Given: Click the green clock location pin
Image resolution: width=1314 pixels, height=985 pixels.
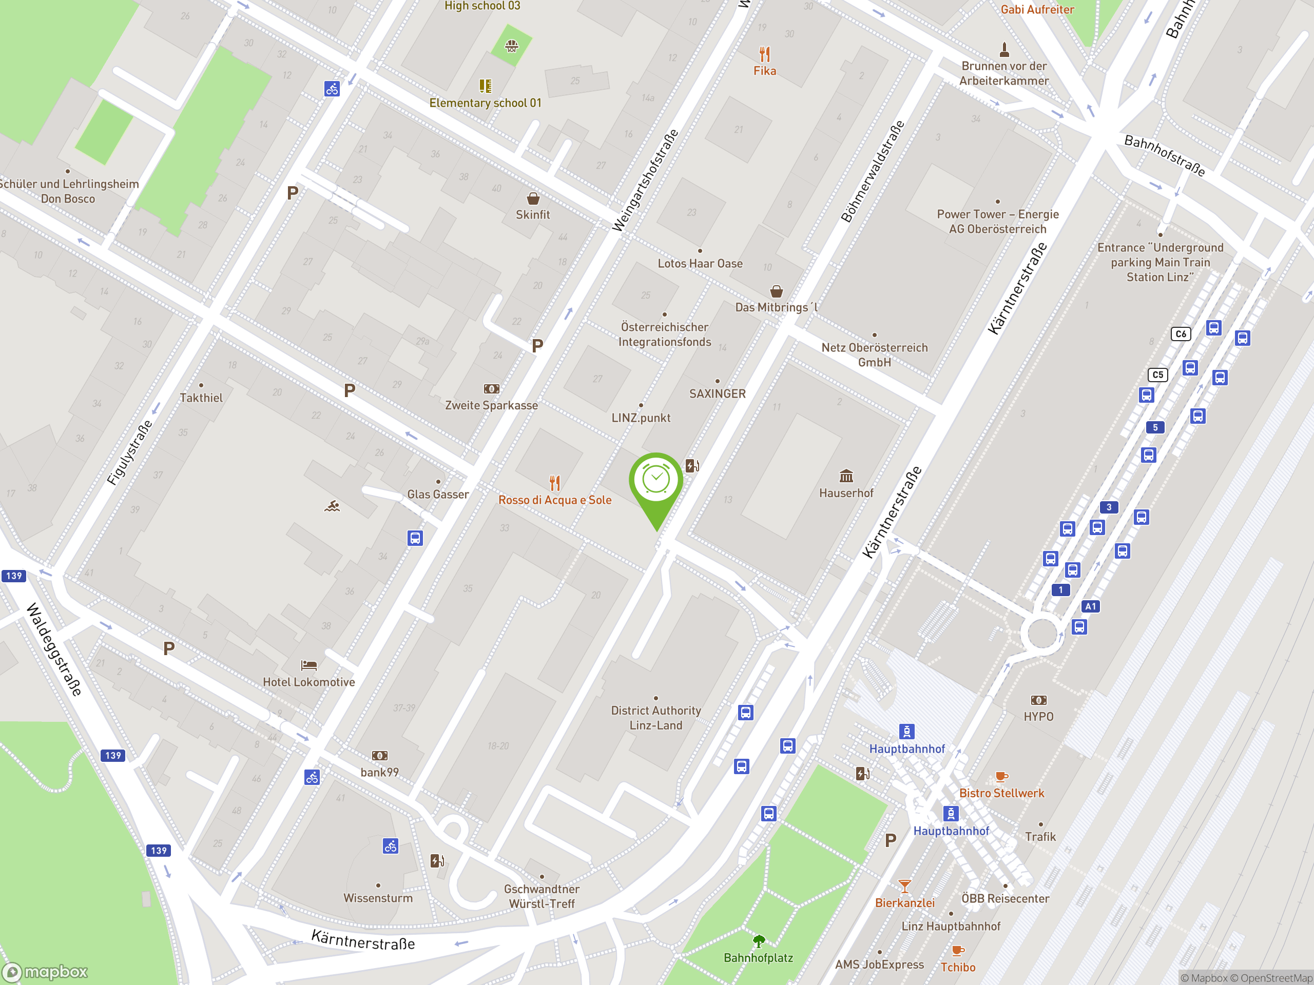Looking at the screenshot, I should (656, 481).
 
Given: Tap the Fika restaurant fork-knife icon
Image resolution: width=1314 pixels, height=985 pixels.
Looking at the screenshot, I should (764, 54).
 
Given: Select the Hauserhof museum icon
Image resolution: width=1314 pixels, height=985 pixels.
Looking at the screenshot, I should (846, 476).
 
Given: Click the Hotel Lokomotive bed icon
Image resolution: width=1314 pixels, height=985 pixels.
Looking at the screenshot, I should (309, 665).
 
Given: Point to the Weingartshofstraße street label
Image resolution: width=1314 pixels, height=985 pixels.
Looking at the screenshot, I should (645, 181).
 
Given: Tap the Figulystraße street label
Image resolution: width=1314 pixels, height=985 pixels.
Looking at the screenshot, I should (129, 452).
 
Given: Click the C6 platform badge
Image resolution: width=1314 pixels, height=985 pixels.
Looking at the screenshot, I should (1181, 333).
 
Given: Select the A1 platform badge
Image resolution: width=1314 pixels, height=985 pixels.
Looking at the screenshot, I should (1091, 606).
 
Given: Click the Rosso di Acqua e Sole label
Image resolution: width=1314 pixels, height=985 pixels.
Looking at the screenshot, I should (555, 500).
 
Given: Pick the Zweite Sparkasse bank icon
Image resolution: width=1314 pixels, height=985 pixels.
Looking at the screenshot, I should (491, 389).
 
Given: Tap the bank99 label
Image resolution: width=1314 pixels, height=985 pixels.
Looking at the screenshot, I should (380, 773).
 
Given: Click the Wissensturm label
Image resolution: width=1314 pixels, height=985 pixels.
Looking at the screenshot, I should (378, 898).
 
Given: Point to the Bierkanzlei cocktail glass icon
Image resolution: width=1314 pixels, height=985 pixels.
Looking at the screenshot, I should (904, 887).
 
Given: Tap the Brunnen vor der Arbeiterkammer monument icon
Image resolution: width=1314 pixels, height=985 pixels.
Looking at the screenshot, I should (1004, 49).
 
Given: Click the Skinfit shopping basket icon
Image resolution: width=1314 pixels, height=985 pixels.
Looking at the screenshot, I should (533, 199).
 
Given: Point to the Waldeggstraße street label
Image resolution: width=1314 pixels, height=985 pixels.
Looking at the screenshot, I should (54, 649).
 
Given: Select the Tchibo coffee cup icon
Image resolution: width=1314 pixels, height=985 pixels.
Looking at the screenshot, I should (958, 951).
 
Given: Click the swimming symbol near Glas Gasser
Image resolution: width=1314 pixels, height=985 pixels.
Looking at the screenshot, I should (332, 506).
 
